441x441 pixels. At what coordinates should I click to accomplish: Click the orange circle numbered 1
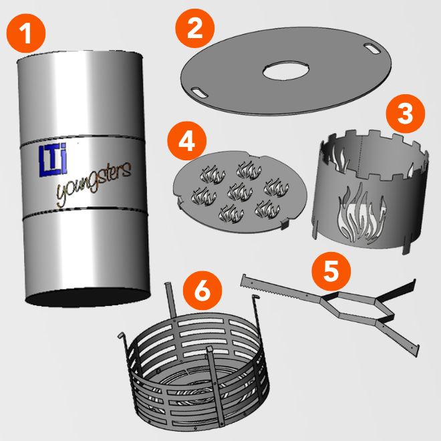[26, 33]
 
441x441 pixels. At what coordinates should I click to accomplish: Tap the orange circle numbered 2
[194, 28]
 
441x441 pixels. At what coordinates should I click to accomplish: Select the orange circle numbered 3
[406, 114]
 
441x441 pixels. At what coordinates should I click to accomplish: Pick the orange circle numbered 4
[186, 140]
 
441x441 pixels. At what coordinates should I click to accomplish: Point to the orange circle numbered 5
[331, 271]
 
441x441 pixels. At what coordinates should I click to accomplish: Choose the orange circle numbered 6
[202, 291]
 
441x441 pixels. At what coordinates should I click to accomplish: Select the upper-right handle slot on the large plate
[372, 48]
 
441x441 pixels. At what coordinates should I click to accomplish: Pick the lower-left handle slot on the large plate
[199, 92]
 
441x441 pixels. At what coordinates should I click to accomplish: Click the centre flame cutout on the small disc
[240, 192]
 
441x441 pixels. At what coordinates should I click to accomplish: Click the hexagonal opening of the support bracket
[350, 305]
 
